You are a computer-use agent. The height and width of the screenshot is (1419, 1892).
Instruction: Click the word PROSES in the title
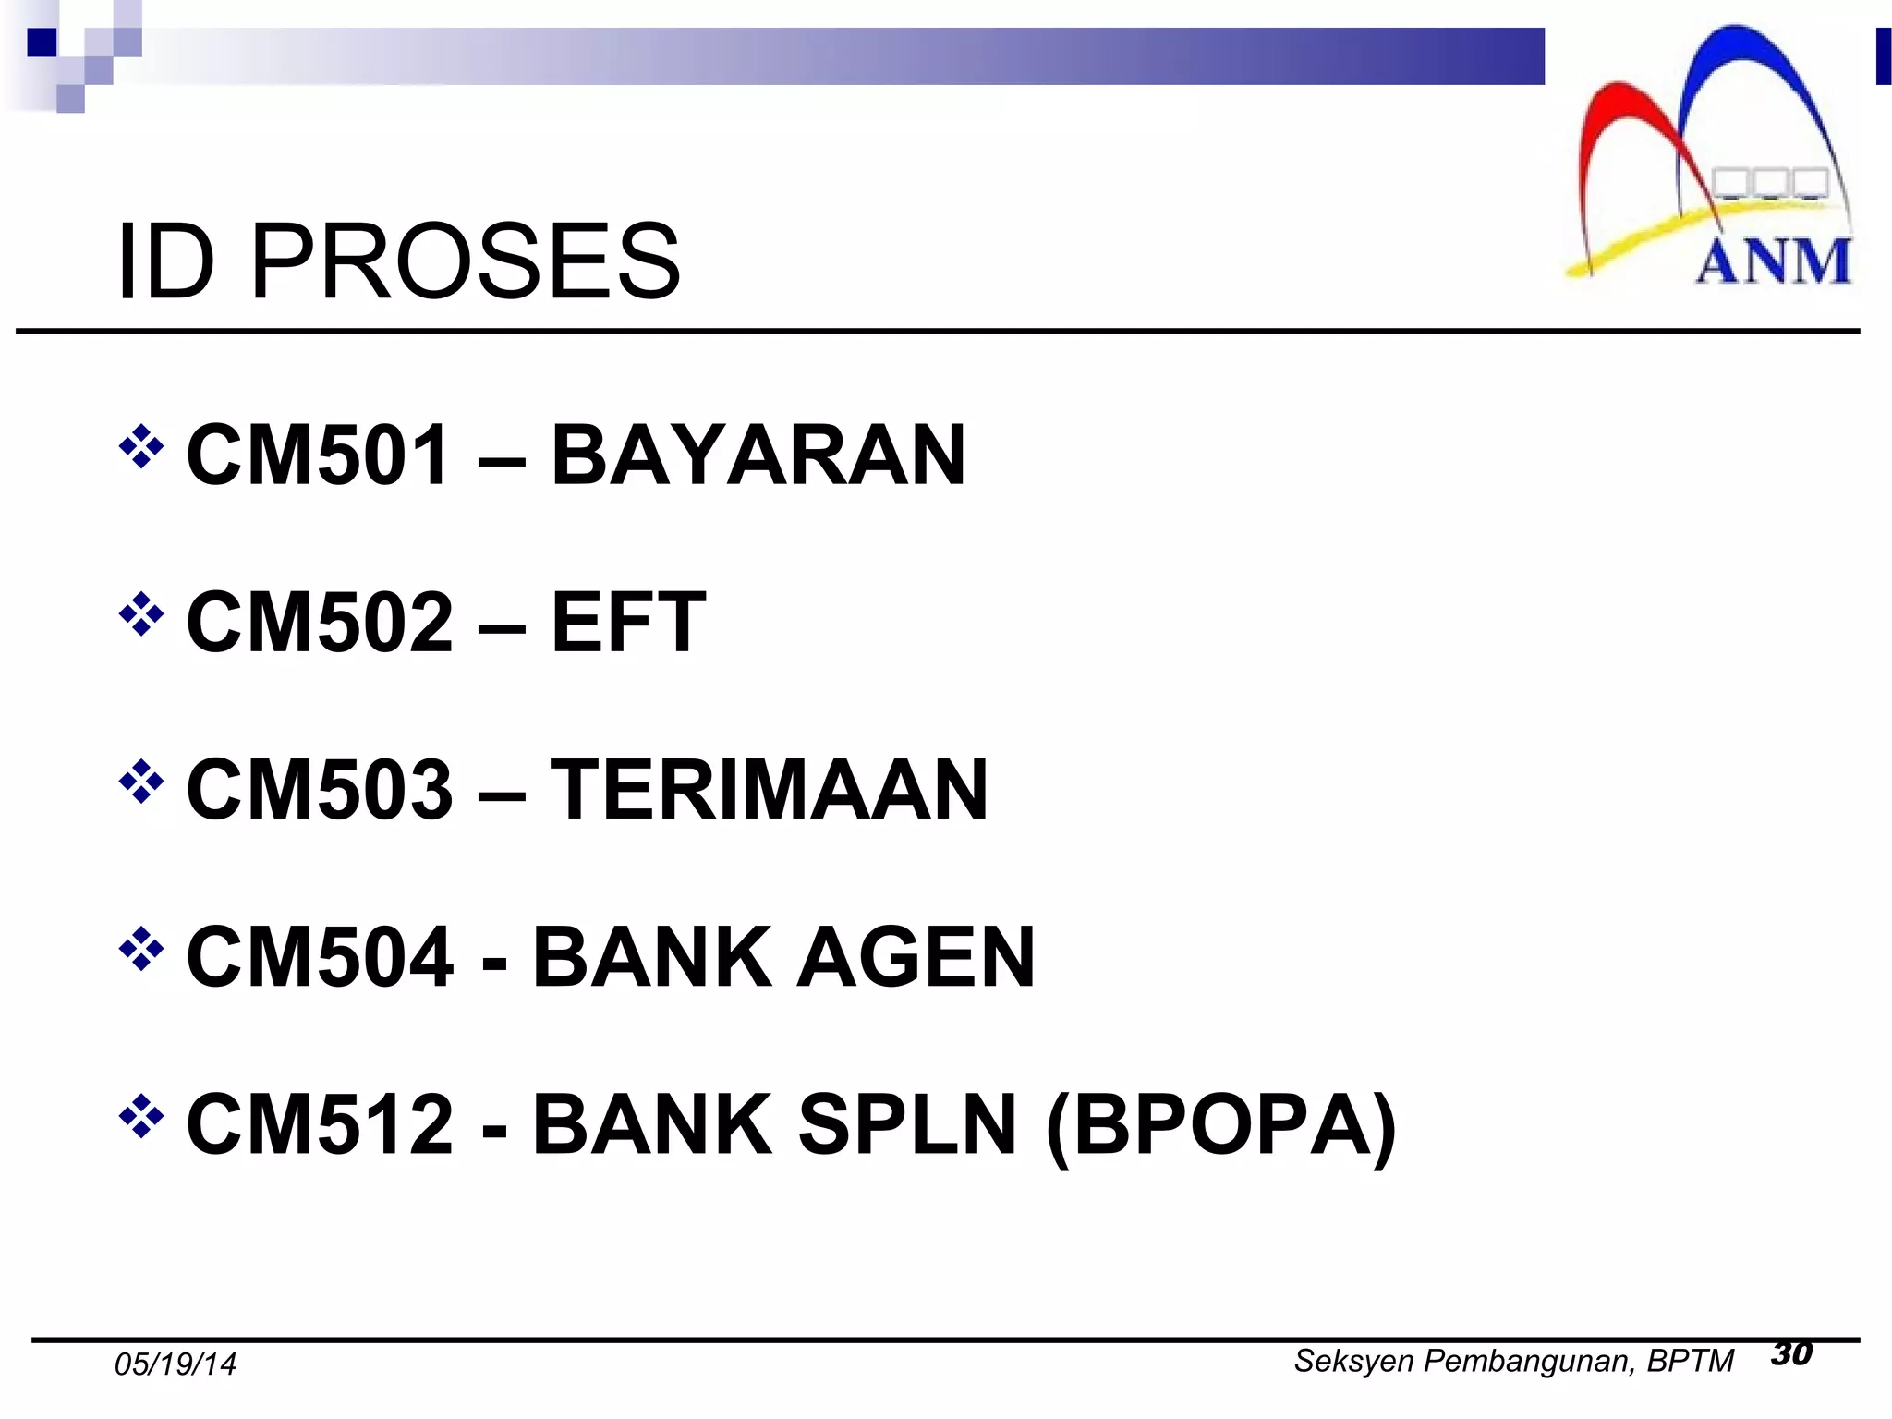[x=465, y=263]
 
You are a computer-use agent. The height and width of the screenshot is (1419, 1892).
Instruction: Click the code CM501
[x=318, y=455]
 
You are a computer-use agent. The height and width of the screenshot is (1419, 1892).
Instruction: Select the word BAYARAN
[x=758, y=455]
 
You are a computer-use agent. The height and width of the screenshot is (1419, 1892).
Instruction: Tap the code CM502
[x=320, y=622]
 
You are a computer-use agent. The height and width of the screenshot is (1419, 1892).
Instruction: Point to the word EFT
[x=628, y=622]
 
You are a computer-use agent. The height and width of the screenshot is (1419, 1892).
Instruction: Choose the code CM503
[x=320, y=789]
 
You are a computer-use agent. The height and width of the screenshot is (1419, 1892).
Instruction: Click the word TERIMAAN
[x=769, y=789]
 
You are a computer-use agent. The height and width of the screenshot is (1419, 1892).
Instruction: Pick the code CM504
[x=320, y=957]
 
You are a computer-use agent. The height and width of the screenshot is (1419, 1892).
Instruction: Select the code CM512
[x=320, y=1124]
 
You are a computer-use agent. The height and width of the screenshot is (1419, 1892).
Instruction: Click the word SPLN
[x=906, y=1124]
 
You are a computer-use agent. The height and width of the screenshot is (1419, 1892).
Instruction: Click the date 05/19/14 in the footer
[x=176, y=1364]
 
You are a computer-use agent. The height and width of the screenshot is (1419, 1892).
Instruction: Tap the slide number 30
[x=1792, y=1354]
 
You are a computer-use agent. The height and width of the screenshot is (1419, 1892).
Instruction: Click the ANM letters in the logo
[x=1774, y=261]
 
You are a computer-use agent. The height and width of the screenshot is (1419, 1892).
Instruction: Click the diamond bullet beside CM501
[x=141, y=447]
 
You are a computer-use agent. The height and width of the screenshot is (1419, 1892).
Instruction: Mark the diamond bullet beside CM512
[x=141, y=1117]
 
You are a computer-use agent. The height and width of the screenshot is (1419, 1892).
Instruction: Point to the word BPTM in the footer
[x=1690, y=1361]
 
